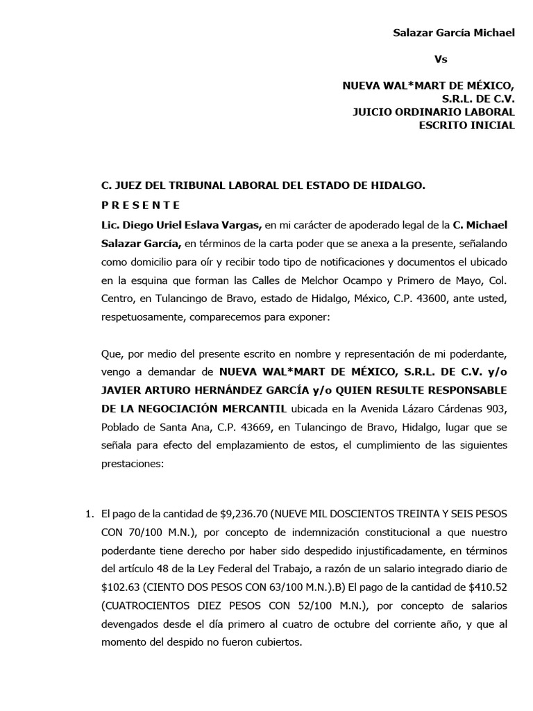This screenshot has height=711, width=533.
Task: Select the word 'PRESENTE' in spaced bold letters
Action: tap(141, 205)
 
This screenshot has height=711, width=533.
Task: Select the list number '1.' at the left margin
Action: tap(88, 515)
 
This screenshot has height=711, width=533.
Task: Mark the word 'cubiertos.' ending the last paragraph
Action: tap(279, 642)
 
